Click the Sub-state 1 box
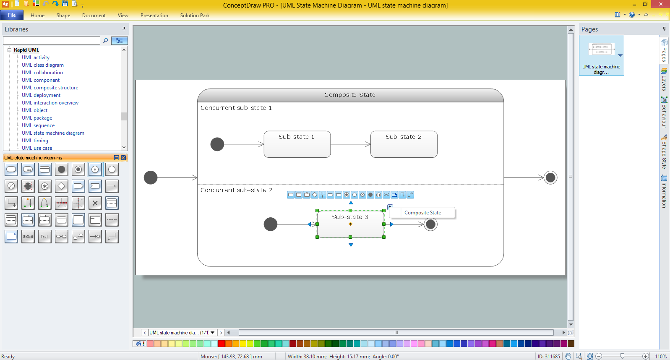(297, 144)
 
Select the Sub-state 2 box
(404, 144)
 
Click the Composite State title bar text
(349, 95)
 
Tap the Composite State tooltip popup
(422, 212)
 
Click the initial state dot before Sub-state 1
(217, 144)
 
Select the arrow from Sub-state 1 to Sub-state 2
(351, 144)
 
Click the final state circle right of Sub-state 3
(430, 224)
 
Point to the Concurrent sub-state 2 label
(236, 190)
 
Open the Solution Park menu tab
(195, 15)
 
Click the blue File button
(12, 15)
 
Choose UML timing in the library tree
(35, 140)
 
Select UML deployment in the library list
(41, 95)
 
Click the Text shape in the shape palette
(44, 236)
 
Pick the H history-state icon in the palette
(95, 170)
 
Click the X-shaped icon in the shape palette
(95, 203)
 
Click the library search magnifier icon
(105, 40)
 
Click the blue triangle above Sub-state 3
(351, 203)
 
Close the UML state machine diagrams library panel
(123, 158)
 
